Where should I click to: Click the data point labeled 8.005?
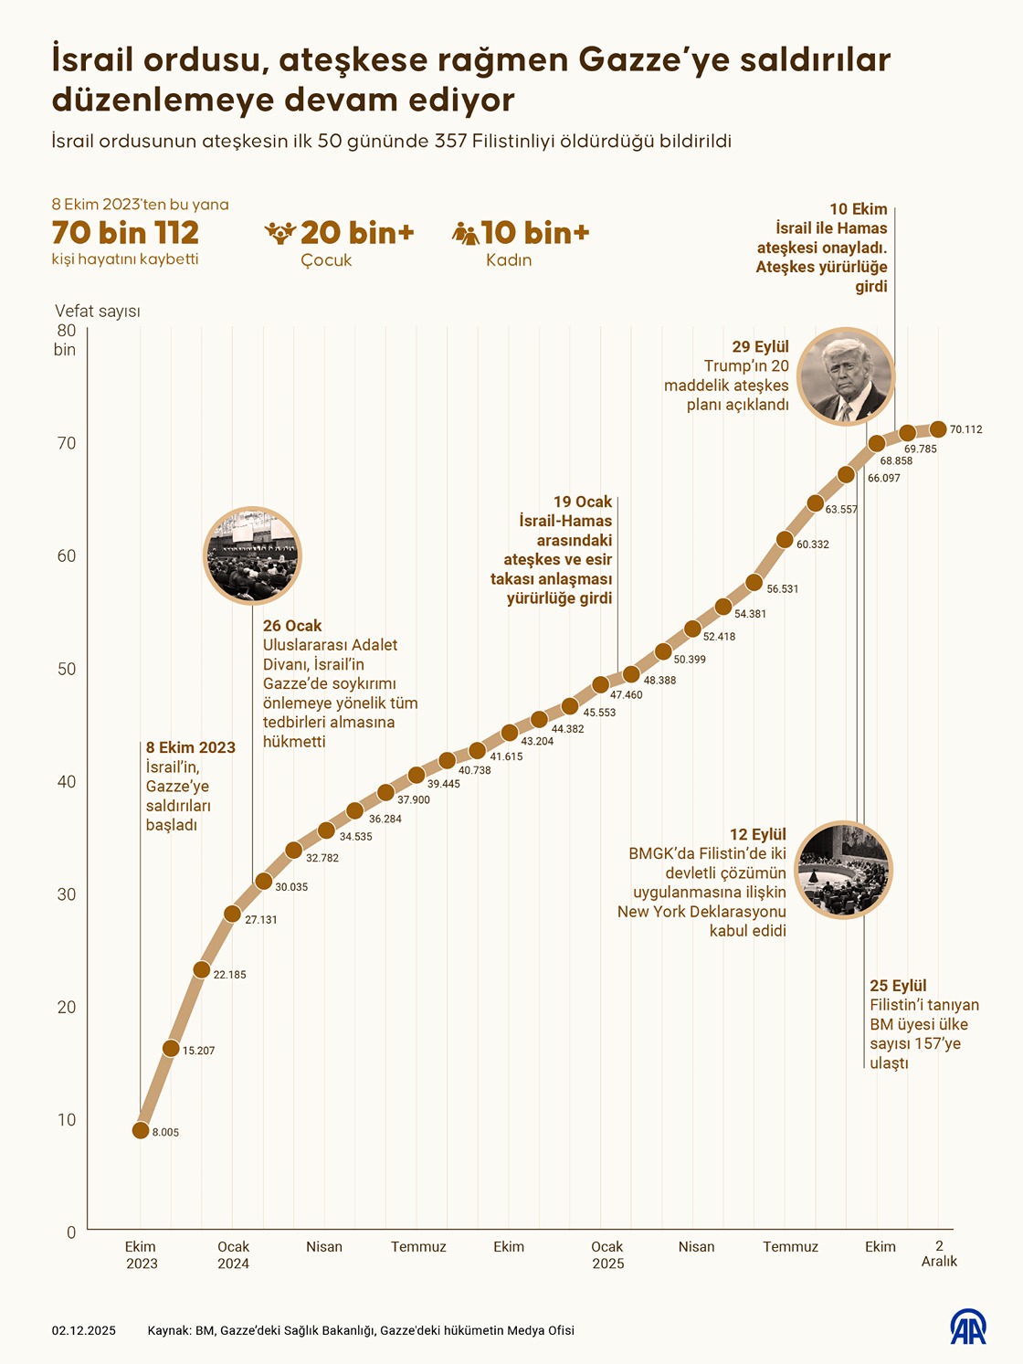(141, 1130)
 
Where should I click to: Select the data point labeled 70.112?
(938, 428)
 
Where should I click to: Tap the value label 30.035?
(291, 887)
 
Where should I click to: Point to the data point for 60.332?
(785, 539)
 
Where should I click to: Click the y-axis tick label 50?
(67, 669)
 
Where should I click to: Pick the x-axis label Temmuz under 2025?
(790, 1246)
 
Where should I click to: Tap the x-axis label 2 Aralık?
(939, 1253)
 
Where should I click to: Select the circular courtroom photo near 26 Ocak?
(251, 555)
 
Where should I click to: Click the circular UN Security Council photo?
(843, 869)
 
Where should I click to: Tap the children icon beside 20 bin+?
(279, 233)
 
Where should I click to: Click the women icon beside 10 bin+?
(465, 234)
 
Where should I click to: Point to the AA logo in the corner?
(968, 1327)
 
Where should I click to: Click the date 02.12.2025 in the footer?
(84, 1330)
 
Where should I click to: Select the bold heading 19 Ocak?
(583, 502)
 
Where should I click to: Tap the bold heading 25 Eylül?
(898, 986)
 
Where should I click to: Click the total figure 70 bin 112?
(125, 232)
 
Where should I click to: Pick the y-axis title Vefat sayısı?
(98, 312)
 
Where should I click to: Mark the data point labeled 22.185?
(202, 969)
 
